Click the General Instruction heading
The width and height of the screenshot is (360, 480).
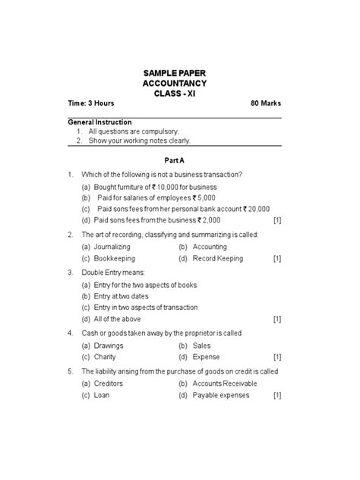pyautogui.click(x=99, y=122)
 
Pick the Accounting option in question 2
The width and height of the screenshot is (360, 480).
pyautogui.click(x=210, y=247)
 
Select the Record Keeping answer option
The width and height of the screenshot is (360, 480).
pyautogui.click(x=216, y=259)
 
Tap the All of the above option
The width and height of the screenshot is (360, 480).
pyautogui.click(x=117, y=320)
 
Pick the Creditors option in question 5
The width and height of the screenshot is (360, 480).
pyautogui.click(x=109, y=384)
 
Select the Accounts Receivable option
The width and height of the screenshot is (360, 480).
pyautogui.click(x=225, y=384)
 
